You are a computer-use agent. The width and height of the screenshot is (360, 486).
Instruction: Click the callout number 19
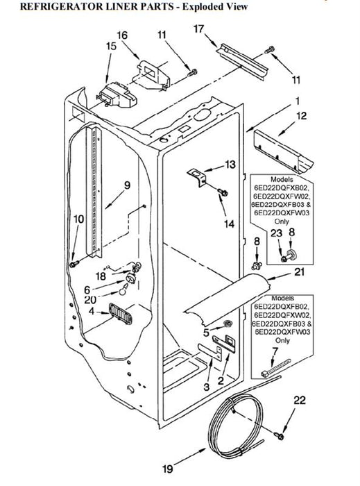[167, 469]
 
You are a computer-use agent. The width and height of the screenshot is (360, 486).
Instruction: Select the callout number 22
[300, 400]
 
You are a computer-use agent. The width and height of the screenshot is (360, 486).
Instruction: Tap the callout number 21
[299, 272]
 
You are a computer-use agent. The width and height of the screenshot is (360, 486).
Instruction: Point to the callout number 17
[198, 29]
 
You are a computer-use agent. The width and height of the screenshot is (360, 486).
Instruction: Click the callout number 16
[122, 35]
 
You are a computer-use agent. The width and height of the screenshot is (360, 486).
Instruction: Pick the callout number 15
[111, 47]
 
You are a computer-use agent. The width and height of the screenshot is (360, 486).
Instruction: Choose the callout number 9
[127, 185]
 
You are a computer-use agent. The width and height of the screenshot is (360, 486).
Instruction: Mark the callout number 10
[78, 219]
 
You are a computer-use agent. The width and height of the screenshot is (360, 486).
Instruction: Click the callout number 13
[230, 165]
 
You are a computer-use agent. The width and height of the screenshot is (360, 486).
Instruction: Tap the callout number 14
[229, 224]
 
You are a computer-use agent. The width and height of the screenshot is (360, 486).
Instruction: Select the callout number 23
[277, 233]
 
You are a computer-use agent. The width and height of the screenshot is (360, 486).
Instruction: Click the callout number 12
[301, 116]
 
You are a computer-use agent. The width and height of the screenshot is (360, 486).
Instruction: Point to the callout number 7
[275, 351]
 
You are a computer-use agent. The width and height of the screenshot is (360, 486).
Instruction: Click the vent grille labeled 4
[120, 314]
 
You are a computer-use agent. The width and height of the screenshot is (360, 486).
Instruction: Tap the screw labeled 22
[280, 436]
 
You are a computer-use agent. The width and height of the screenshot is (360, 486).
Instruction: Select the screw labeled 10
[74, 264]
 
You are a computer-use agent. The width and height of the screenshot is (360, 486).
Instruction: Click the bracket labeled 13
[197, 177]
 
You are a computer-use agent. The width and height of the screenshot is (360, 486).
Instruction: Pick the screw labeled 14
[223, 192]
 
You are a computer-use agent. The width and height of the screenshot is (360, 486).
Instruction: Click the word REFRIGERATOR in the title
[60, 6]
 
